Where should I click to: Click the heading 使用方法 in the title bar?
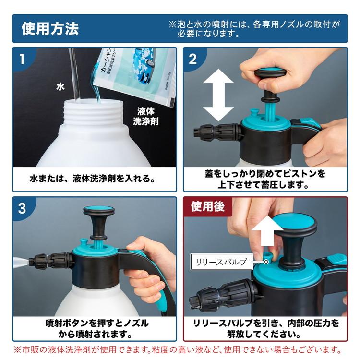50,29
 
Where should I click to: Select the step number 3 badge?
22,209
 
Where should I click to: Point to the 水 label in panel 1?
60,87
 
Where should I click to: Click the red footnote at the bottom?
180,350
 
